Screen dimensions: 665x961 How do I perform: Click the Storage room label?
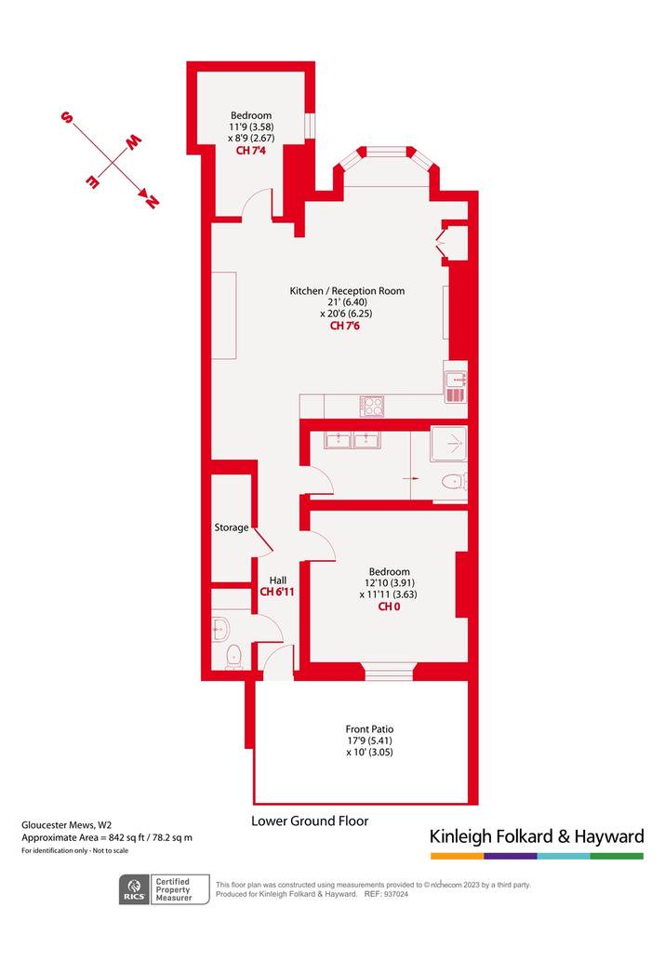pyautogui.click(x=231, y=527)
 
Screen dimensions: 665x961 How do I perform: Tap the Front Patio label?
pyautogui.click(x=369, y=729)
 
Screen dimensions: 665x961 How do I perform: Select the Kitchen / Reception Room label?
pyautogui.click(x=347, y=290)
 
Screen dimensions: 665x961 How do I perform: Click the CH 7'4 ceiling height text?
pyautogui.click(x=251, y=150)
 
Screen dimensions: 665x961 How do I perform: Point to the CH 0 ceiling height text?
pyautogui.click(x=389, y=607)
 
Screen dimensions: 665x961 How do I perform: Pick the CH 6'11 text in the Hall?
pyautogui.click(x=277, y=592)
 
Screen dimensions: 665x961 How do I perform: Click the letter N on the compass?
pyautogui.click(x=150, y=200)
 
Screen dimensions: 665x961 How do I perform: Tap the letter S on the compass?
pyautogui.click(x=66, y=117)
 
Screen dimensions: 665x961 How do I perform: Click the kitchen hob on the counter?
pyautogui.click(x=372, y=407)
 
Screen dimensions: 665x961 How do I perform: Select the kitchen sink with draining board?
pyautogui.click(x=456, y=387)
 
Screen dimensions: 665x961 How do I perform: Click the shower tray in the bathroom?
pyautogui.click(x=448, y=444)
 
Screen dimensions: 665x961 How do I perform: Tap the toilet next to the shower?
pyautogui.click(x=454, y=482)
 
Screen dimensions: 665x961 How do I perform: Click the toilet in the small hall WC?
pyautogui.click(x=233, y=657)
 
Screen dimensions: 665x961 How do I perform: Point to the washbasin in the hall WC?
pyautogui.click(x=220, y=629)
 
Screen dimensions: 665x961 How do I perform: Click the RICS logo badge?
pyautogui.click(x=134, y=889)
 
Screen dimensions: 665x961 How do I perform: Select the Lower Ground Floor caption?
pyautogui.click(x=310, y=821)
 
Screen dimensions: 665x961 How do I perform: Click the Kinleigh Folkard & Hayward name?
pyautogui.click(x=537, y=836)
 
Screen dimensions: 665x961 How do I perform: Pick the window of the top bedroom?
pyautogui.click(x=310, y=126)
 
